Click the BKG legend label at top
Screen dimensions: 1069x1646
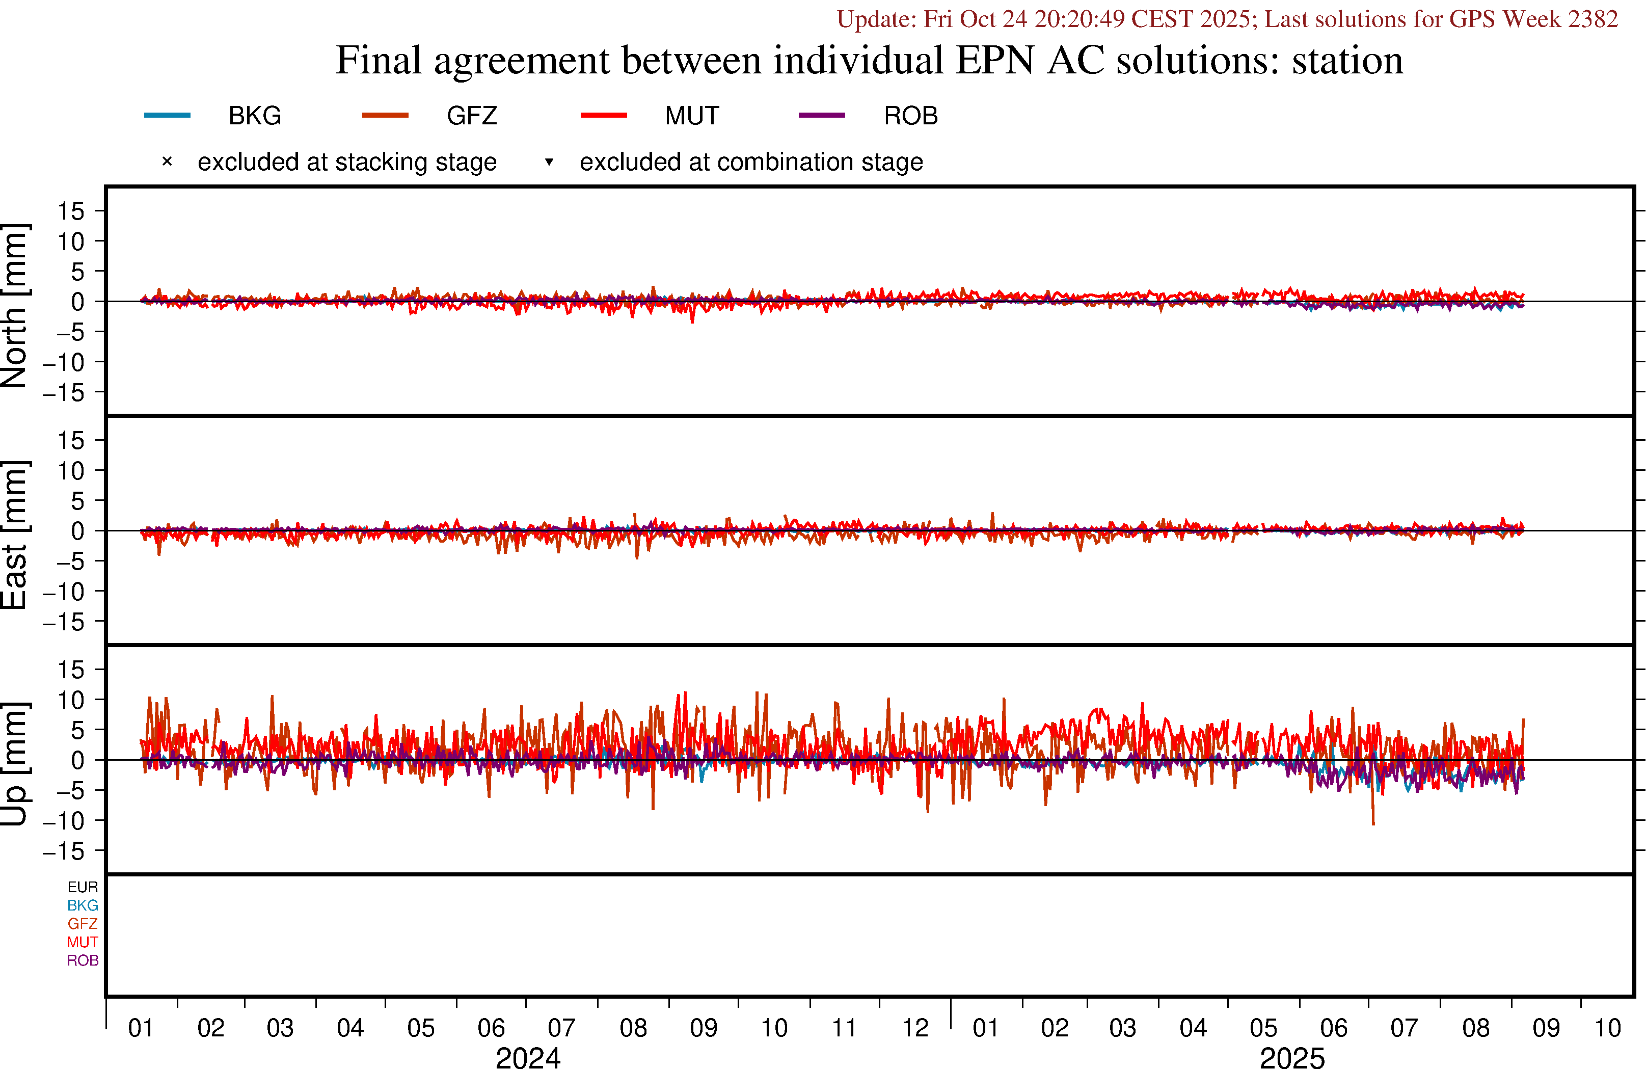pos(255,116)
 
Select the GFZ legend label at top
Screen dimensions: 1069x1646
pos(472,116)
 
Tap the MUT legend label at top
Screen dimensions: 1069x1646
pos(692,116)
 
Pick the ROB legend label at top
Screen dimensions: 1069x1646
pos(910,116)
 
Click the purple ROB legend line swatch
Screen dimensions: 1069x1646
pos(822,115)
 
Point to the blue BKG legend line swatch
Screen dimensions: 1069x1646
pos(167,115)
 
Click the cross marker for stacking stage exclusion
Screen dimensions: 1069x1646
pos(167,162)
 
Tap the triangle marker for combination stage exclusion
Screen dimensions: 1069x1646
pos(549,162)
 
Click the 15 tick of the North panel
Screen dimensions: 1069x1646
pos(70,211)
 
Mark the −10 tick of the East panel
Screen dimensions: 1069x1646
pos(63,592)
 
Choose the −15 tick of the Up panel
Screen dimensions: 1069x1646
pos(63,851)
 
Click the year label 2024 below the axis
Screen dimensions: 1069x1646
pos(528,1057)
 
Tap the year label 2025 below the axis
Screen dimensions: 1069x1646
pos(1292,1057)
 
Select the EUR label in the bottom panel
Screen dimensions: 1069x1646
pos(83,887)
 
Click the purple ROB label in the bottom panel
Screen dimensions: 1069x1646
pos(83,960)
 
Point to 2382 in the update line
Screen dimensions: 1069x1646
pos(1593,19)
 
